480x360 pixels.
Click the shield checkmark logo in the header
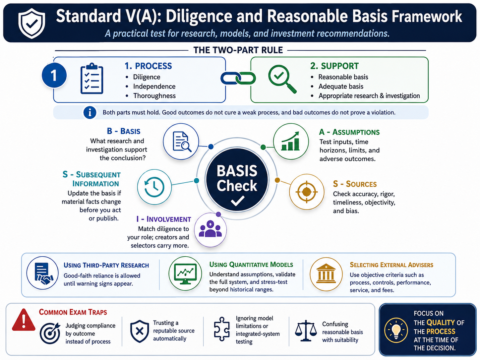[32, 24]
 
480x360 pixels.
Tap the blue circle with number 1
[54, 75]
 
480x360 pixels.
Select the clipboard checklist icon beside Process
[92, 79]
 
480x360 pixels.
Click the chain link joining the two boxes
[238, 78]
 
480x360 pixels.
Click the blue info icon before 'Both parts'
[90, 113]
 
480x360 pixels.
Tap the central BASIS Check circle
[237, 180]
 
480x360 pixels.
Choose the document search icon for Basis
[181, 141]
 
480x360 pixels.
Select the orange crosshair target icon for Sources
[307, 192]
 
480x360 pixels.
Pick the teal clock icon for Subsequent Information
[154, 187]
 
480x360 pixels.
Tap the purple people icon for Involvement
[210, 229]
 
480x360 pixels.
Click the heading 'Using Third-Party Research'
[106, 265]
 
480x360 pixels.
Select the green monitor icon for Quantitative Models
[185, 273]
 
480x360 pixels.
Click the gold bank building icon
[326, 274]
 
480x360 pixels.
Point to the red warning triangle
[24, 320]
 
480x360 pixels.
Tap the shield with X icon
[140, 331]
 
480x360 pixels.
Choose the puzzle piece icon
[222, 329]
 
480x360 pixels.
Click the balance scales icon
[306, 330]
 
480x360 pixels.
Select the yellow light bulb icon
[396, 330]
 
